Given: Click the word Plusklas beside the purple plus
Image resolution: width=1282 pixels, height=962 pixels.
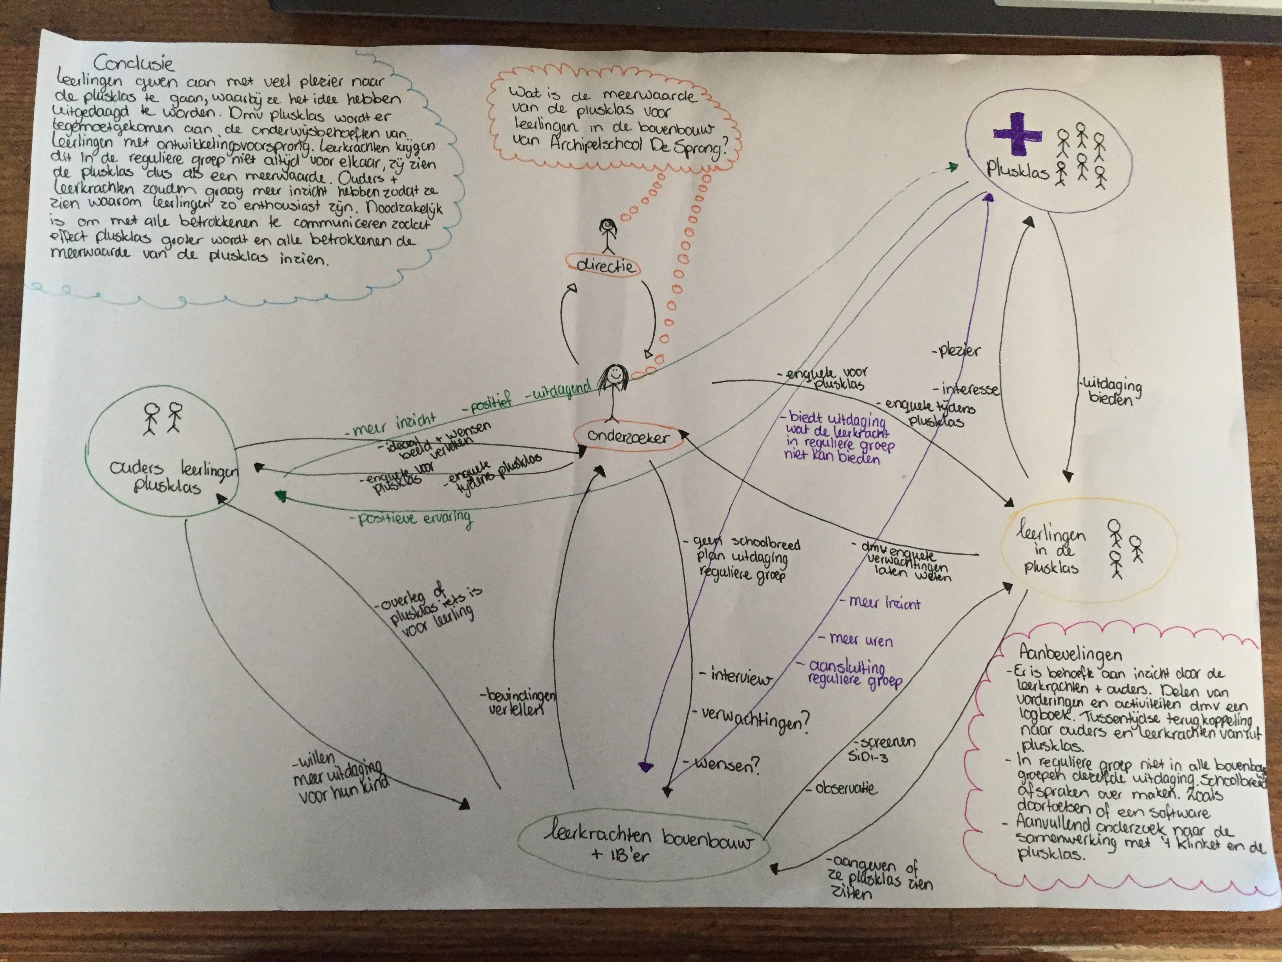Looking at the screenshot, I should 1018,171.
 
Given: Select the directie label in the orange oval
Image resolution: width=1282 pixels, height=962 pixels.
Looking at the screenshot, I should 606,266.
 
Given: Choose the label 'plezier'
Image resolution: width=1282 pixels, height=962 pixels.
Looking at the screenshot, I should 958,351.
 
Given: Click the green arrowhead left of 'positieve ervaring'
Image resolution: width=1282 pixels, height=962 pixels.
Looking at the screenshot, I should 281,495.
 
